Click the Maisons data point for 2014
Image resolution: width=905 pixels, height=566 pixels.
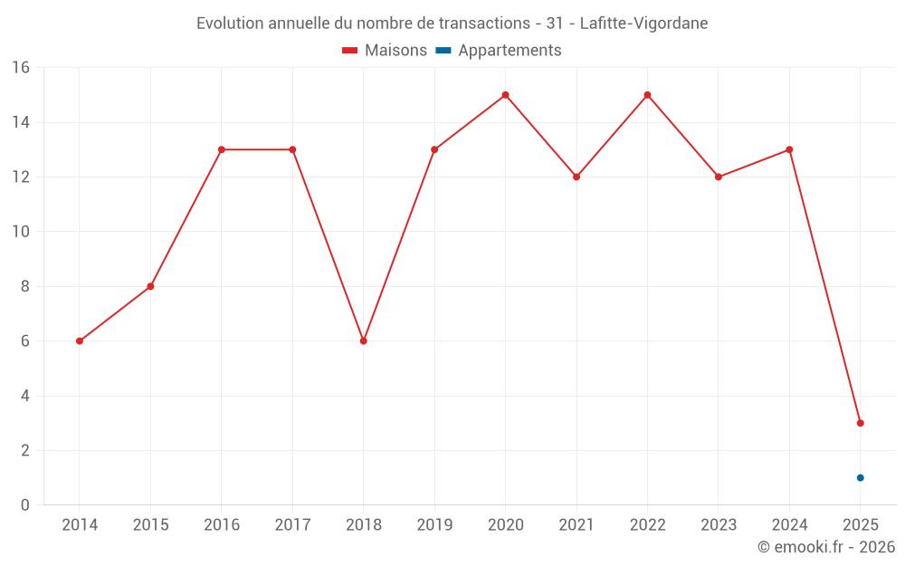point(80,341)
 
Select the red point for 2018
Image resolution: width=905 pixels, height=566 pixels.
point(363,341)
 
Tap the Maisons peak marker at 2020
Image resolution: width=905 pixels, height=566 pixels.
point(505,95)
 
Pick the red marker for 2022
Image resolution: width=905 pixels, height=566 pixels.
point(647,95)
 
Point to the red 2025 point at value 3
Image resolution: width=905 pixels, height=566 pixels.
point(860,423)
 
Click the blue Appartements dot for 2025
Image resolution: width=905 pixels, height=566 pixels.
point(860,478)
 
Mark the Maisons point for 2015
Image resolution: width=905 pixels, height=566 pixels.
point(150,286)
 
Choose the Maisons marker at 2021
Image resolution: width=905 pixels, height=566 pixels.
point(576,177)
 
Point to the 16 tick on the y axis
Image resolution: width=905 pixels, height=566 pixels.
point(21,68)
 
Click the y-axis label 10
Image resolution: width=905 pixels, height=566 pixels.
point(21,232)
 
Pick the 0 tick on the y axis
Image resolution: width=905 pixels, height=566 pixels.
point(25,505)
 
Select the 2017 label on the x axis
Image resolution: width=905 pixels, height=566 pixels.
point(292,524)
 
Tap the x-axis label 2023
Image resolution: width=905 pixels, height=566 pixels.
point(719,524)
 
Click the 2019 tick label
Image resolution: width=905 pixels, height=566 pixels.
point(434,524)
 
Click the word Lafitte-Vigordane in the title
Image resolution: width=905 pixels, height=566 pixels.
point(644,23)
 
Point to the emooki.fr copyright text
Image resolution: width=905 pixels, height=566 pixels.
point(826,547)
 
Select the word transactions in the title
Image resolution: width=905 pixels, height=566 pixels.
point(483,23)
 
